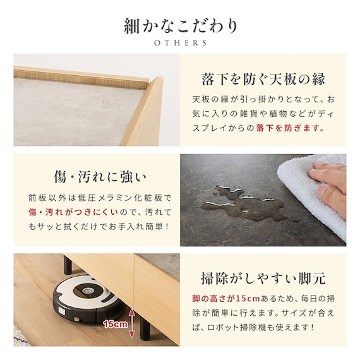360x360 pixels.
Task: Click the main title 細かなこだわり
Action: pos(181,26)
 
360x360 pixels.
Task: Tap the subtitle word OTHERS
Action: pos(181,43)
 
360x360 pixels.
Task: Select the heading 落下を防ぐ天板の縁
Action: pos(263,79)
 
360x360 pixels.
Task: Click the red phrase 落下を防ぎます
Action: pos(288,128)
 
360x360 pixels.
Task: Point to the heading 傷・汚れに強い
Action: pos(100,177)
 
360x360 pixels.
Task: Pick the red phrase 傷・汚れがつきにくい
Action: pos(73,212)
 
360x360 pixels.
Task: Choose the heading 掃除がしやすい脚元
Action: pos(263,279)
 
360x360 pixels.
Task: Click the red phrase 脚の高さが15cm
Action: pos(226,299)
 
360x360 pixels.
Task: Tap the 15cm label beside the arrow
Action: pos(115,324)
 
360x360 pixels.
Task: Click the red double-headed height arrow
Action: pos(132,323)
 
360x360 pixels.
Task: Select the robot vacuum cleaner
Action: pos(88,298)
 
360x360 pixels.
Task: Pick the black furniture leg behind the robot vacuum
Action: pos(68,265)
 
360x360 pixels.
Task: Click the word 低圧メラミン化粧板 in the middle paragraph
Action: pos(120,198)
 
